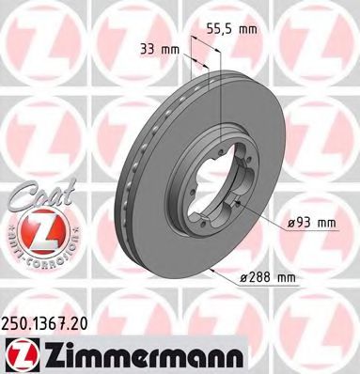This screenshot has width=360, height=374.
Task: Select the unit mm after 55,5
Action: [x=247, y=30]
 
